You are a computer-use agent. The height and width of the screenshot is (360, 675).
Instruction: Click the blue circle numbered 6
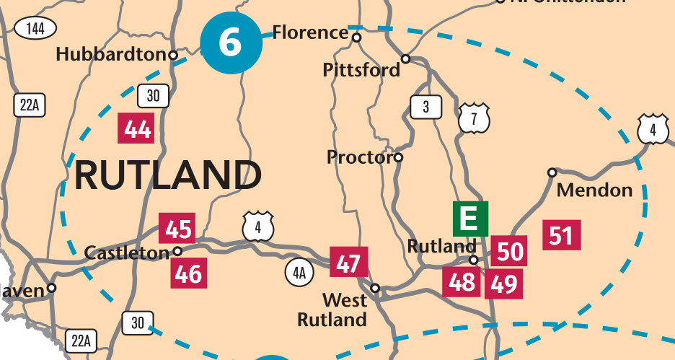230,43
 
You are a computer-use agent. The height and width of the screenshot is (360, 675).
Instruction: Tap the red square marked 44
137,129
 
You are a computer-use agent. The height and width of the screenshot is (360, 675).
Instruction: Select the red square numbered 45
177,229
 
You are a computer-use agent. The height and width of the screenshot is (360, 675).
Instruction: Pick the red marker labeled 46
188,274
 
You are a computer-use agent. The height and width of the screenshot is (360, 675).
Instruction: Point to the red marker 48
461,282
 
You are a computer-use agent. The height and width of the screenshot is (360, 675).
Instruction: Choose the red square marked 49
503,284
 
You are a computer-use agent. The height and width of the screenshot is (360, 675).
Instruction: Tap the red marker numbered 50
510,252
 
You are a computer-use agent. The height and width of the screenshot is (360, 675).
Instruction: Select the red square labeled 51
562,235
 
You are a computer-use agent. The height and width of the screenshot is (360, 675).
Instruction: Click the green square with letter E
470,219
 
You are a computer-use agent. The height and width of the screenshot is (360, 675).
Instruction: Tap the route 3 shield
425,107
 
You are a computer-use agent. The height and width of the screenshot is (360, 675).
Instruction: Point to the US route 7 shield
474,119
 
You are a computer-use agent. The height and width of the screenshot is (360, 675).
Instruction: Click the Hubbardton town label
111,54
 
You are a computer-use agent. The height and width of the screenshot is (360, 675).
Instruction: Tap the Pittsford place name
361,70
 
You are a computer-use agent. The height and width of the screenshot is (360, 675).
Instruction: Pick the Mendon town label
595,190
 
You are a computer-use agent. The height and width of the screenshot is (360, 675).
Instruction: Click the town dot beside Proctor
398,157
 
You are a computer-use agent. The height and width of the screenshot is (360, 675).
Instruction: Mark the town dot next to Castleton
177,252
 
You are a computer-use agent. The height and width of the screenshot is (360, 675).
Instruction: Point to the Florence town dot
356,37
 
